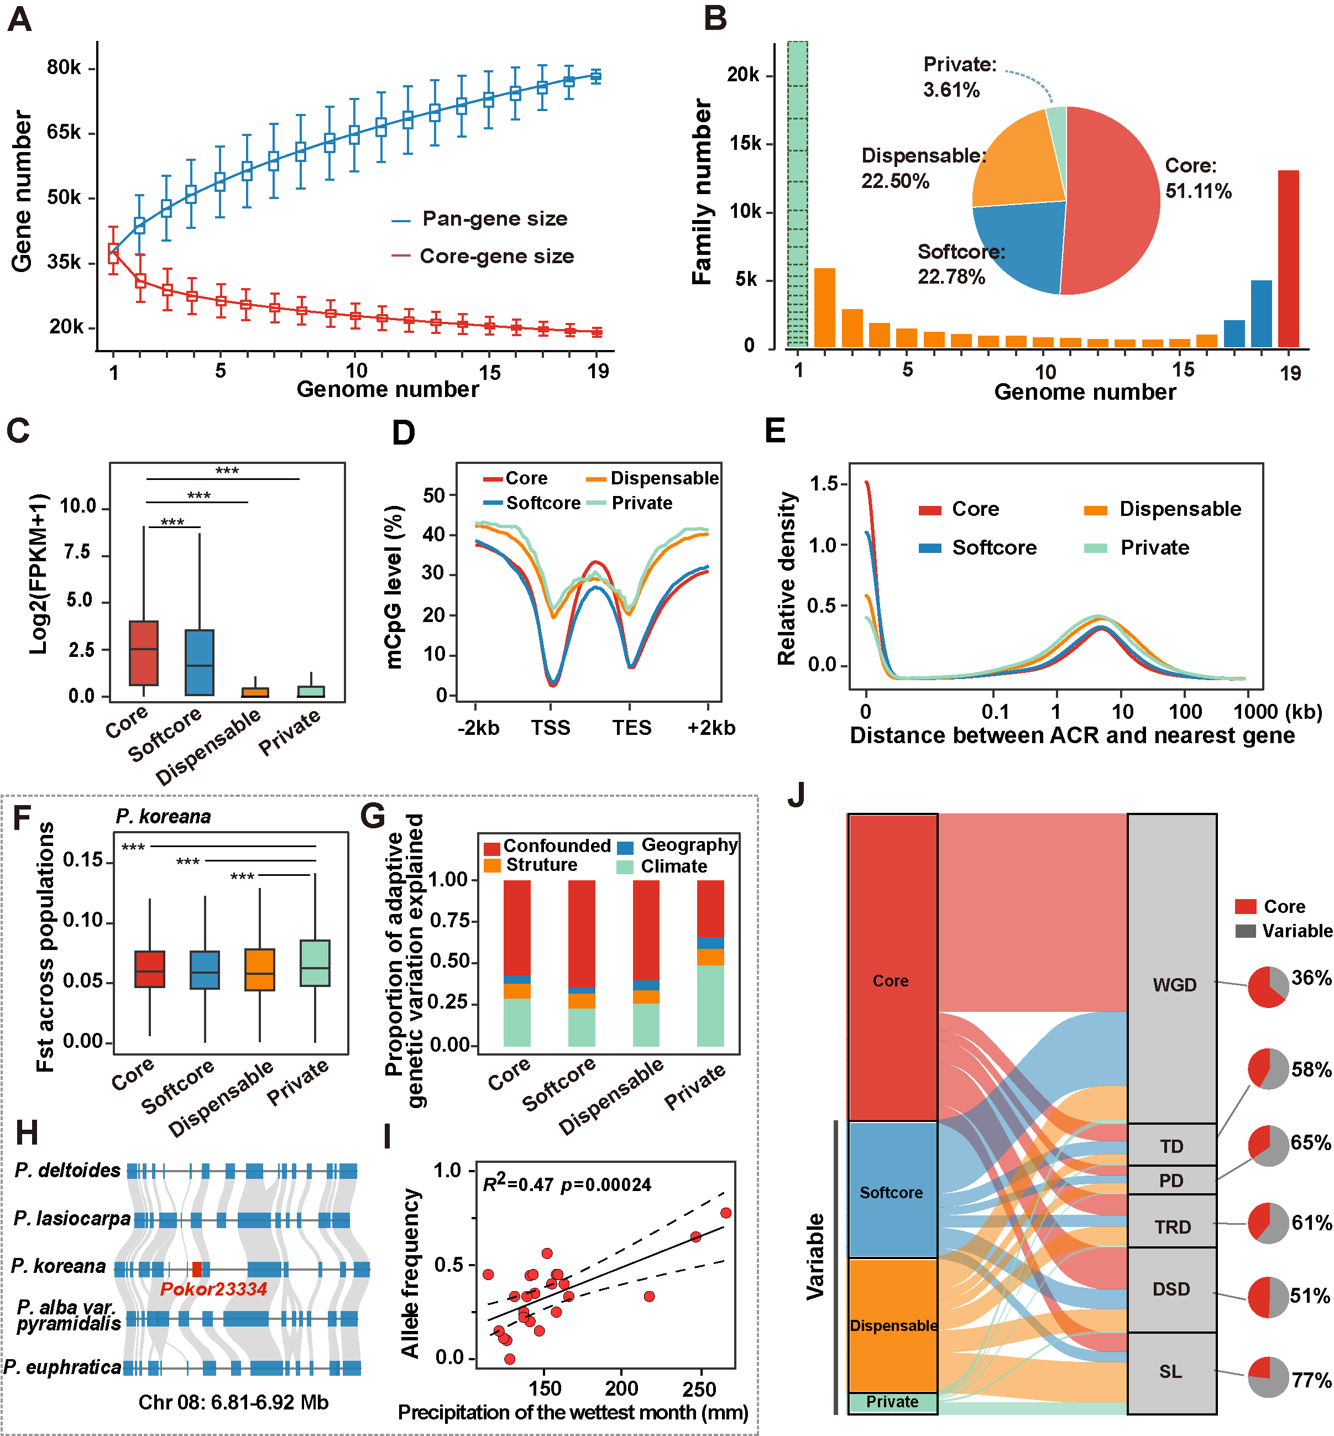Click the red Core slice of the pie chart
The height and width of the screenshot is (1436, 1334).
1112,202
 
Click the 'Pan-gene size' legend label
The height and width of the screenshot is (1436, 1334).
494,219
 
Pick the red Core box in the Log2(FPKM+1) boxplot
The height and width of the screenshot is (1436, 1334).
144,652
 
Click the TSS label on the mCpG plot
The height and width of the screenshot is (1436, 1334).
551,728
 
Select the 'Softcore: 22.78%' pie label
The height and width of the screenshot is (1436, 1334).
960,264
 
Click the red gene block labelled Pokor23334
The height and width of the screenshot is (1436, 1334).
197,1268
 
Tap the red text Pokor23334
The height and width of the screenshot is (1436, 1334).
213,1289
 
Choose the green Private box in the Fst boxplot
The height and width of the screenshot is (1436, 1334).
315,962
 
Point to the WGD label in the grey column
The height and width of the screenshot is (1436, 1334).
1174,985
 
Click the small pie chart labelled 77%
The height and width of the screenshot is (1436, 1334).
1268,1377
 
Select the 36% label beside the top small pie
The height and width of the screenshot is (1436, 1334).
1311,978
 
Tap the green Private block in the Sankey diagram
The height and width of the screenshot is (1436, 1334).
892,1401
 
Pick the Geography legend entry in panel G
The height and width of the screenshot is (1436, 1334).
689,845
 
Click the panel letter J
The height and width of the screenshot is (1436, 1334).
796,796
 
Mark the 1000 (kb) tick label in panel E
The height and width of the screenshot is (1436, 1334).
1277,712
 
